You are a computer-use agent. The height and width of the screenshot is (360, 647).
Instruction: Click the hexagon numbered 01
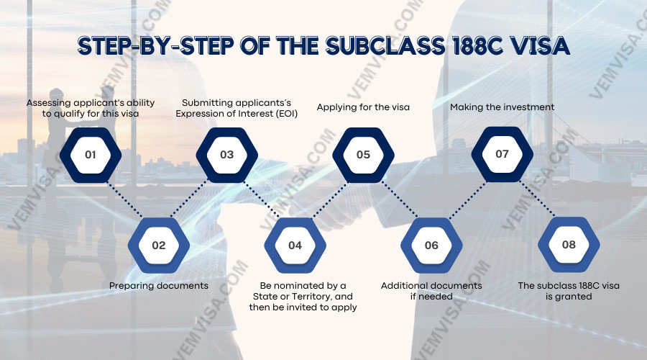pyautogui.click(x=91, y=155)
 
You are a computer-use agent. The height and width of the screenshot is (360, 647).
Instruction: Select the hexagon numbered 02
pyautogui.click(x=159, y=246)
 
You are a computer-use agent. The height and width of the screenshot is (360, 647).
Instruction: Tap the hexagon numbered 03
pyautogui.click(x=227, y=155)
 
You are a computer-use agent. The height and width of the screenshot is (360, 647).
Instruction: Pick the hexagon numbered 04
pyautogui.click(x=295, y=246)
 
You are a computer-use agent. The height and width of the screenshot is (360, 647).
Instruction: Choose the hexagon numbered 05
pyautogui.click(x=363, y=155)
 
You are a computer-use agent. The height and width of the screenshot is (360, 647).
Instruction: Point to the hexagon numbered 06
pyautogui.click(x=431, y=246)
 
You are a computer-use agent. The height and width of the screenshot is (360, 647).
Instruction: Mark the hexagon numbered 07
pyautogui.click(x=503, y=154)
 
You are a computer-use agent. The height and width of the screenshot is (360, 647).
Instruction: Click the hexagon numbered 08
pyautogui.click(x=569, y=245)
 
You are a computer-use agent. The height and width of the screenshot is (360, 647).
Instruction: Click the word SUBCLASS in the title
pyautogui.click(x=385, y=45)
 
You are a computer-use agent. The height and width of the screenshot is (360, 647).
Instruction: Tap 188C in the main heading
pyautogui.click(x=477, y=45)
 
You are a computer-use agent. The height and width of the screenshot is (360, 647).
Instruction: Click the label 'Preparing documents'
pyautogui.click(x=159, y=286)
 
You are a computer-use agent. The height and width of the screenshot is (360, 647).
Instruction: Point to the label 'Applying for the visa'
pyautogui.click(x=363, y=107)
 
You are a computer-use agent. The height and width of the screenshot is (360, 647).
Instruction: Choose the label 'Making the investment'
pyautogui.click(x=503, y=107)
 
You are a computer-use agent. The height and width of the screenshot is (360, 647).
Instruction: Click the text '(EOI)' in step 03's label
pyautogui.click(x=286, y=114)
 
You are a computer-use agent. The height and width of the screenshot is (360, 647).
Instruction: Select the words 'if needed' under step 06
pyautogui.click(x=431, y=297)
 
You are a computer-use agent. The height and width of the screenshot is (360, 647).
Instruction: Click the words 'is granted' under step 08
pyautogui.click(x=569, y=297)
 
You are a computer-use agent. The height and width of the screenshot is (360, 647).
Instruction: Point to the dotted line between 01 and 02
pyautogui.click(x=124, y=200)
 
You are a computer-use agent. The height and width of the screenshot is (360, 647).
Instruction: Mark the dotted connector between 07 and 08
pyautogui.click(x=537, y=199)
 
